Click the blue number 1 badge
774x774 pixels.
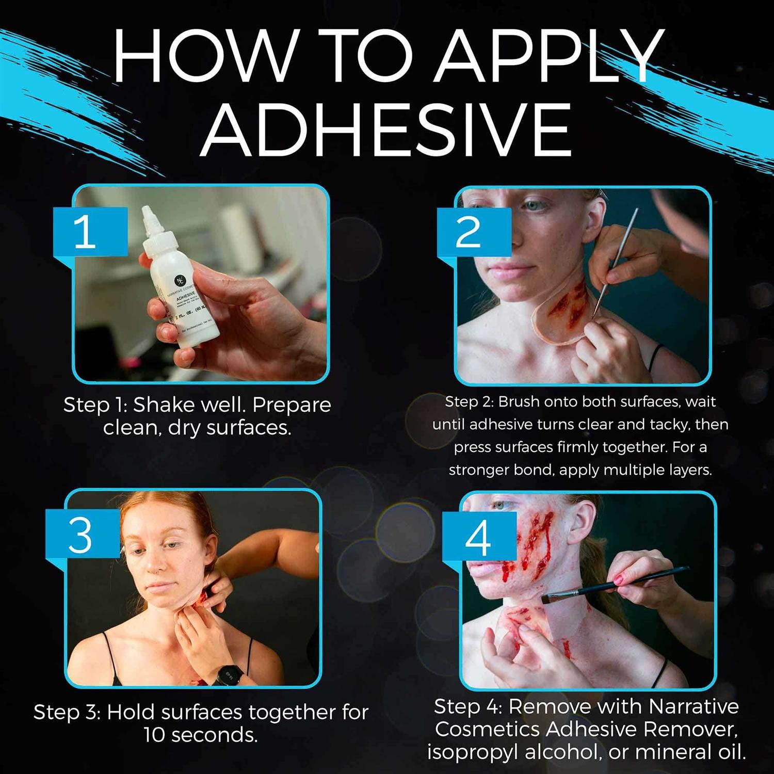click(86, 232)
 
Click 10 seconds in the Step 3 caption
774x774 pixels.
click(200, 735)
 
